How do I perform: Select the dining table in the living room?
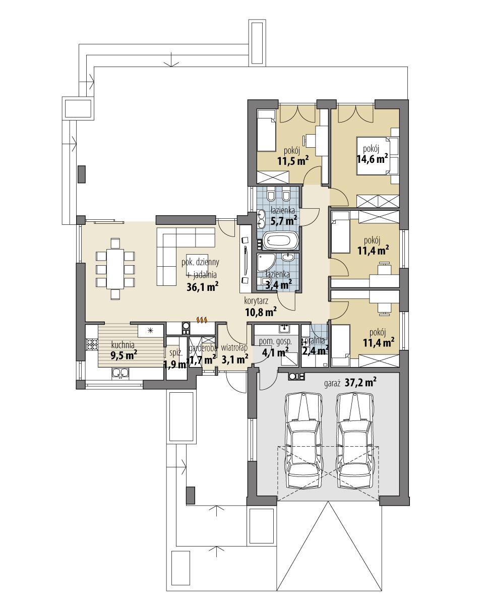pyautogui.click(x=115, y=268)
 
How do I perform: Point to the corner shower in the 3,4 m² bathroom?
pyautogui.click(x=265, y=262)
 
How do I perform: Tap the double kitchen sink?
pyautogui.click(x=120, y=373)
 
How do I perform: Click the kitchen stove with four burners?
pyautogui.click(x=92, y=344)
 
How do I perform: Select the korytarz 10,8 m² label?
pyautogui.click(x=260, y=307)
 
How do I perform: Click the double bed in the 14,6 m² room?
pyautogui.click(x=376, y=155)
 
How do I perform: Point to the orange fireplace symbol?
pyautogui.click(x=201, y=320)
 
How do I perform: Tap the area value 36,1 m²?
pyautogui.click(x=202, y=287)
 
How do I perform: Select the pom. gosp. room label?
pyautogui.click(x=272, y=342)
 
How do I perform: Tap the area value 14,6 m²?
pyautogui.click(x=372, y=158)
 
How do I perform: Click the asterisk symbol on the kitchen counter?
pyautogui.click(x=150, y=330)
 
